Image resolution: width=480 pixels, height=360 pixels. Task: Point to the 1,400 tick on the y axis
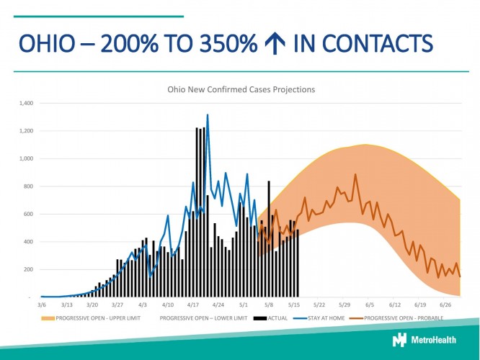(x=27, y=104)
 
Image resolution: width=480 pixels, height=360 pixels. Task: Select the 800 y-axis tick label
(x=30, y=186)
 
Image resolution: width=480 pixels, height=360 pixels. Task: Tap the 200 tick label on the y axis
(x=30, y=269)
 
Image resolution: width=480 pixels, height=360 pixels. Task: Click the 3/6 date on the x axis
(x=42, y=305)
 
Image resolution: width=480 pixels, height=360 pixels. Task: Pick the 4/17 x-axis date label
(x=194, y=305)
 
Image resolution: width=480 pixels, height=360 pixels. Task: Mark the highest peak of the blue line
(x=208, y=114)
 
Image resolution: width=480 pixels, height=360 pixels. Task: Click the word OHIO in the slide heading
(x=48, y=45)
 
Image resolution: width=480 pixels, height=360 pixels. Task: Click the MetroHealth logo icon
(x=399, y=340)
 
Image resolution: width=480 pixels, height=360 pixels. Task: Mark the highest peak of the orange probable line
(x=355, y=174)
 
